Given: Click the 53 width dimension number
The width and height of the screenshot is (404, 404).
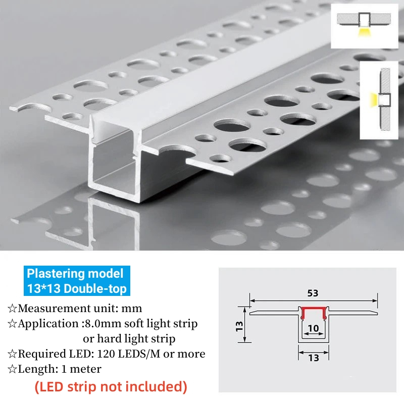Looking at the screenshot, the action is (313, 293).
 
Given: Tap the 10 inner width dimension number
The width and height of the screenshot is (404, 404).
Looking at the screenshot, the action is (313, 328).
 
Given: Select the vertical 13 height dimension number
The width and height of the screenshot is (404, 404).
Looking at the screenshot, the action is (239, 326).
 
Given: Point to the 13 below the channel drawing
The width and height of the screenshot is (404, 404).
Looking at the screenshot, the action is (314, 358).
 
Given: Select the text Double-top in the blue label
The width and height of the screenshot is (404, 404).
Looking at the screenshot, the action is (95, 288).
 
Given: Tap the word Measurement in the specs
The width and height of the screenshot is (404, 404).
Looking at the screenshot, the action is (48, 309).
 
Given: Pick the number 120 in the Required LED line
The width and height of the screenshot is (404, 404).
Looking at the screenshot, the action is (106, 354).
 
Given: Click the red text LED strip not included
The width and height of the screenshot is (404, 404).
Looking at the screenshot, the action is (111, 387).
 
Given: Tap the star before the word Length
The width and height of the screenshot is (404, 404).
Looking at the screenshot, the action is (12, 369).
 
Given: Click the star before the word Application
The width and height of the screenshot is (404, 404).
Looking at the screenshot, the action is (12, 324).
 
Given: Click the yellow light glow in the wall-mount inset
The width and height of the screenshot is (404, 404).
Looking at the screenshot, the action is (374, 99).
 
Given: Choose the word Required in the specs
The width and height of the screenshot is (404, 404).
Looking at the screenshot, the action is (41, 354).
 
